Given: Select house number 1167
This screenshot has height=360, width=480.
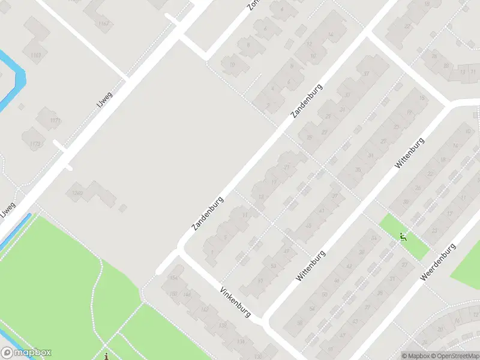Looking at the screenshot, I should coord(104,24).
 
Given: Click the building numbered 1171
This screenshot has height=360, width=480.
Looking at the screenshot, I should coord(55,121).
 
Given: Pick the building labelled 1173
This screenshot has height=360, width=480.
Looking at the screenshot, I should coord(35,144).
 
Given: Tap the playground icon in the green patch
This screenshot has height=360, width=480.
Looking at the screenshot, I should coord(404,237).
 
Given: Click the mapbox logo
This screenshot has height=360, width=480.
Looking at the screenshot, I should coord(26,353).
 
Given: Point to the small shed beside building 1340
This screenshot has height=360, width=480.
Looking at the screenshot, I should coord(123,208).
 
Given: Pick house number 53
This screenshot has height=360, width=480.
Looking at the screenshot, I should coord(274,265).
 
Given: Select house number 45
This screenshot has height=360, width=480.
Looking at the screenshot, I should coord(308,226).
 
